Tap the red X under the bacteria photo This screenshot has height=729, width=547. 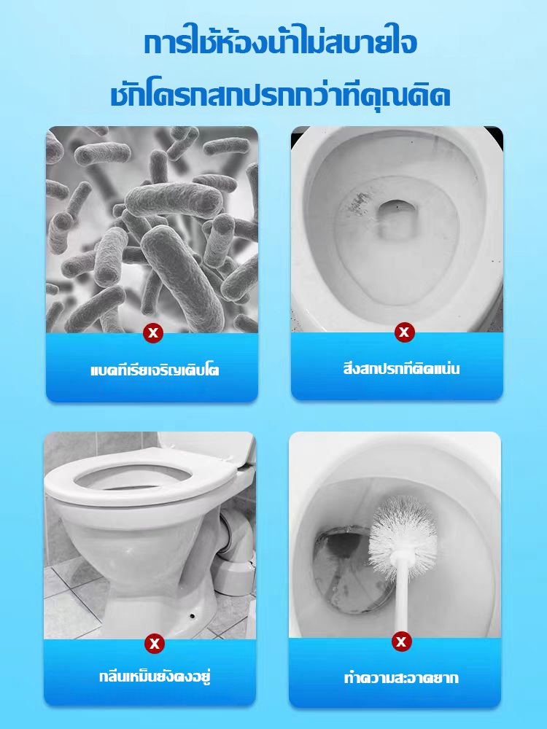(153, 332)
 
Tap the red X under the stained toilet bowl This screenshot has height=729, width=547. (404, 332)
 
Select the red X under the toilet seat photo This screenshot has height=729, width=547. (155, 644)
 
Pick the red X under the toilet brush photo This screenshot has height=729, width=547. (401, 642)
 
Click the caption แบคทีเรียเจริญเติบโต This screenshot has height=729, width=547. (155, 370)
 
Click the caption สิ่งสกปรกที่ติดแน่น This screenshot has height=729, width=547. (401, 369)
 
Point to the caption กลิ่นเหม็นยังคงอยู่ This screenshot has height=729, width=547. (155, 676)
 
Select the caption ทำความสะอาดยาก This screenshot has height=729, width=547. (401, 677)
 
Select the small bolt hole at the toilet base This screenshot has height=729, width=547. (193, 617)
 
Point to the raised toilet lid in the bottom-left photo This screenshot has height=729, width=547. (207, 446)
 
